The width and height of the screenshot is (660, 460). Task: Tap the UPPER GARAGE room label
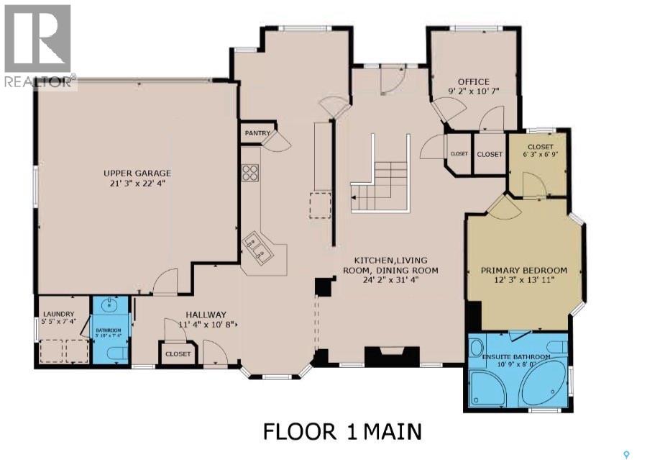[137, 173]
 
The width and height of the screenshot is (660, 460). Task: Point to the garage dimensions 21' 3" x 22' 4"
[137, 184]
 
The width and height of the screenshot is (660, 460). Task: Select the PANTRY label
[257, 133]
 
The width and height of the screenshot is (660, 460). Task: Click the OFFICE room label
[473, 82]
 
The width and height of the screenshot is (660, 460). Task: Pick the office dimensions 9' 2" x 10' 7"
[473, 91]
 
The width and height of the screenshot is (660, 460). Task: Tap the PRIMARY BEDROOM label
[523, 271]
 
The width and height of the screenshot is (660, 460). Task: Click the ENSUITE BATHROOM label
[517, 357]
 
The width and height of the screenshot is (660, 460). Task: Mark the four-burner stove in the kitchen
[250, 172]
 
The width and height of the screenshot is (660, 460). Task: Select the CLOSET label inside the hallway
[178, 354]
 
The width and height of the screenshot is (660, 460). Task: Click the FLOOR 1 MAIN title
[342, 432]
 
